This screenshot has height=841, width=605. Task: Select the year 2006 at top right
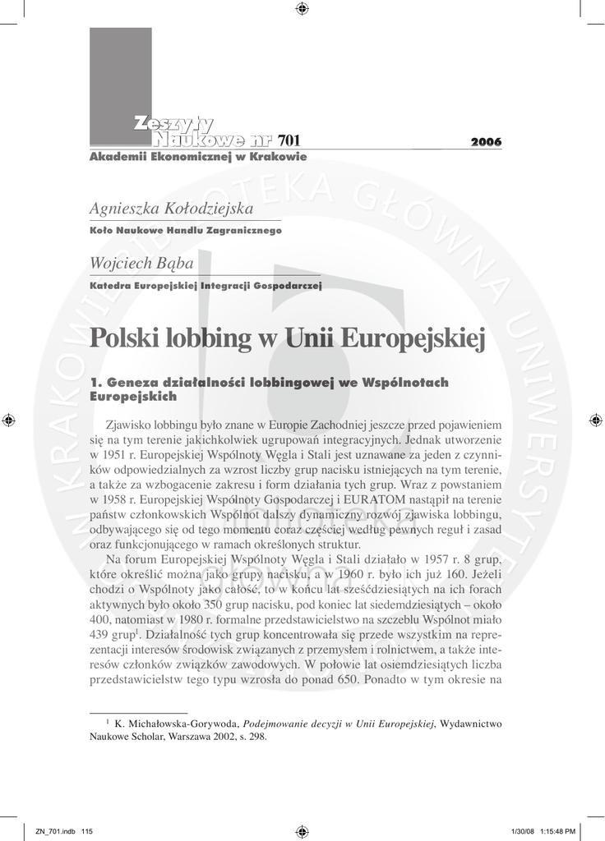[x=486, y=143]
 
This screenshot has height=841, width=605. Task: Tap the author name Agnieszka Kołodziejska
[x=170, y=209]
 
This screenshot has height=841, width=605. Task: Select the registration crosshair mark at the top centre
[x=302, y=9]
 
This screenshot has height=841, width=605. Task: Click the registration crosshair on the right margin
[x=595, y=420]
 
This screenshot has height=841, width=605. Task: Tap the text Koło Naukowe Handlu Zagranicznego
[x=185, y=232]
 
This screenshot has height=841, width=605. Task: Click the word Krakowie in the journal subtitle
[x=277, y=156]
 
